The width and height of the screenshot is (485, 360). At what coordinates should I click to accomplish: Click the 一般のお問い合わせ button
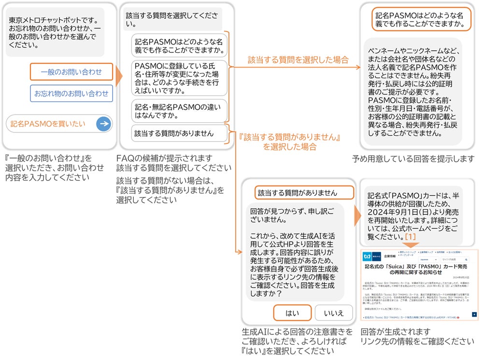tap(71, 72)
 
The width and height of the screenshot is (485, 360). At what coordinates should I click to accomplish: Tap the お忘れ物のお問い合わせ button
tap(71, 93)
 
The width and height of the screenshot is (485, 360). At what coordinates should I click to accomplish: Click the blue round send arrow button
tap(103, 124)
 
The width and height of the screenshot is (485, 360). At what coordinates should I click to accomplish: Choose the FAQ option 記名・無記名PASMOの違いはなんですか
tap(179, 111)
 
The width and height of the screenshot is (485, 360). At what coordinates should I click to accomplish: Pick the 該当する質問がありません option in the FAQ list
tap(179, 133)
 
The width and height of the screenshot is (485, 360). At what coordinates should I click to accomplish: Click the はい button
tap(292, 313)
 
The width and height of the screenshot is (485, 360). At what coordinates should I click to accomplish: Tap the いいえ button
tap(334, 313)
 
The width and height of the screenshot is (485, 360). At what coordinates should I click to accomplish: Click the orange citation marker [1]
tap(411, 237)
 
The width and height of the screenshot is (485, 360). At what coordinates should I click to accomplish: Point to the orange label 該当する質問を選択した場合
tap(298, 60)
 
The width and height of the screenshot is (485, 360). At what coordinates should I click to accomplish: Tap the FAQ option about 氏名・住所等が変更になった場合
tap(179, 79)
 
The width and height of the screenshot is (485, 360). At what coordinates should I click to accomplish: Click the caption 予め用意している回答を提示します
tap(413, 158)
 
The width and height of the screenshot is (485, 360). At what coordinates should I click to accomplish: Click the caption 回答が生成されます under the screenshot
tap(395, 332)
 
